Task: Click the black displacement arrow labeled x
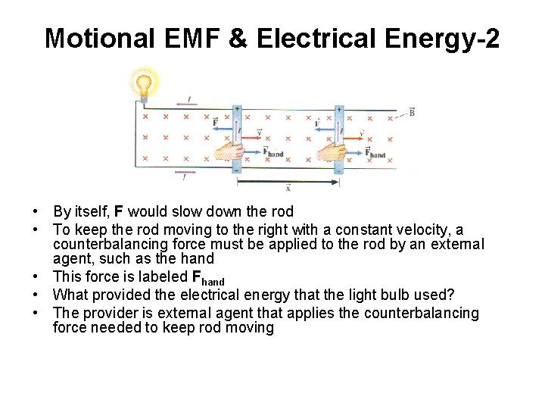click(x=288, y=182)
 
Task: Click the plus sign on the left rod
click(x=237, y=108)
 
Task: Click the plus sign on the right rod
click(x=338, y=109)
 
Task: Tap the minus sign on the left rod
click(x=237, y=170)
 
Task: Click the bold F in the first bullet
click(x=119, y=211)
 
